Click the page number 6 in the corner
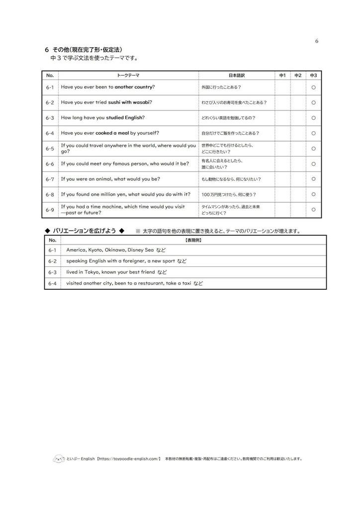[317, 41]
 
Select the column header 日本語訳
[236, 76]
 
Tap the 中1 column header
[282, 76]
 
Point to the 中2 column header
[298, 76]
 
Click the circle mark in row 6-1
[313, 87]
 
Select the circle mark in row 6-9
[313, 210]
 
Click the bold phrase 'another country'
[133, 87]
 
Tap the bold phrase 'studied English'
[124, 118]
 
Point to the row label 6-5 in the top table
[50, 149]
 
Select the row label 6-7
[50, 179]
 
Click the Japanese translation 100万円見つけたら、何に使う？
[229, 194]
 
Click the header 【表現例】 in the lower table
[193, 240]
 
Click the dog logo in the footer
[58, 459]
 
